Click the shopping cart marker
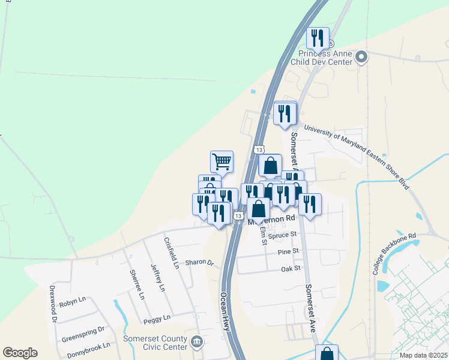click(221, 161)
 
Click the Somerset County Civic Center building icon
click(197, 342)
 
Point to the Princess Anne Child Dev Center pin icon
click(361, 58)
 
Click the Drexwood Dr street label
click(53, 307)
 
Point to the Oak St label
click(290, 269)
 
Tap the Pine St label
click(288, 253)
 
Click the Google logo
click(20, 353)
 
